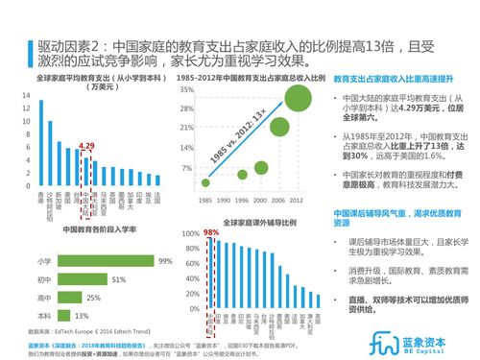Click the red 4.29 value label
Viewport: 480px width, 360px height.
point(86,146)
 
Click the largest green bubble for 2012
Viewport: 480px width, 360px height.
point(296,99)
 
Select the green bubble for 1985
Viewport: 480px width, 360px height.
point(205,182)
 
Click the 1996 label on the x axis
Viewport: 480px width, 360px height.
point(242,200)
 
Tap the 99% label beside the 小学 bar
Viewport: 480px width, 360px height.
point(164,261)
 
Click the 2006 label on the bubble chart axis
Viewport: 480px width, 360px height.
point(278,200)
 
